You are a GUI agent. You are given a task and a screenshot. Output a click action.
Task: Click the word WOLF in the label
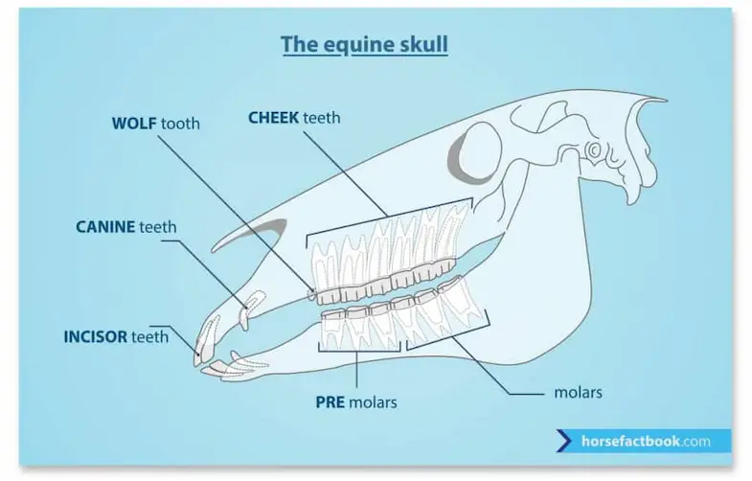point(134,124)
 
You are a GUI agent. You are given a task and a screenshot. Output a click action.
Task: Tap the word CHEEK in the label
point(273,118)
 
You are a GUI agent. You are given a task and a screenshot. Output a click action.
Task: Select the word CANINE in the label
point(105,227)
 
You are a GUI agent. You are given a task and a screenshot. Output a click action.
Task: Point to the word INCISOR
point(95,336)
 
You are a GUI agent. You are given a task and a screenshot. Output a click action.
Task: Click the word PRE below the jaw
point(330,401)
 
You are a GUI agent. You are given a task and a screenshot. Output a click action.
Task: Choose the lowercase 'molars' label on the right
point(578,393)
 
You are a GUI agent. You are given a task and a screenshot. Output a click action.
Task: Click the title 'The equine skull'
point(364,45)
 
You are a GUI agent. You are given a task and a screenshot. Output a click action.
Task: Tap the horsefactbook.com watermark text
point(646,441)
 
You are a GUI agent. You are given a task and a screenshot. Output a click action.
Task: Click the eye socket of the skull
point(475,152)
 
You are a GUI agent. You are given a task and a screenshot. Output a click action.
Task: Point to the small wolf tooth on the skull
point(311,293)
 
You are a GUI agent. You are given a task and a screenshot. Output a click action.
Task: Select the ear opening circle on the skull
point(593,149)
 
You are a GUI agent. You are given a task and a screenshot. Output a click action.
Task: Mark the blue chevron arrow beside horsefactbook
point(564,441)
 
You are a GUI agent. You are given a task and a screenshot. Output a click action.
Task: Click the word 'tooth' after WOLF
point(180,124)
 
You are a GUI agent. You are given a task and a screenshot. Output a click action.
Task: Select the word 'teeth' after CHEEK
point(321,118)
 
